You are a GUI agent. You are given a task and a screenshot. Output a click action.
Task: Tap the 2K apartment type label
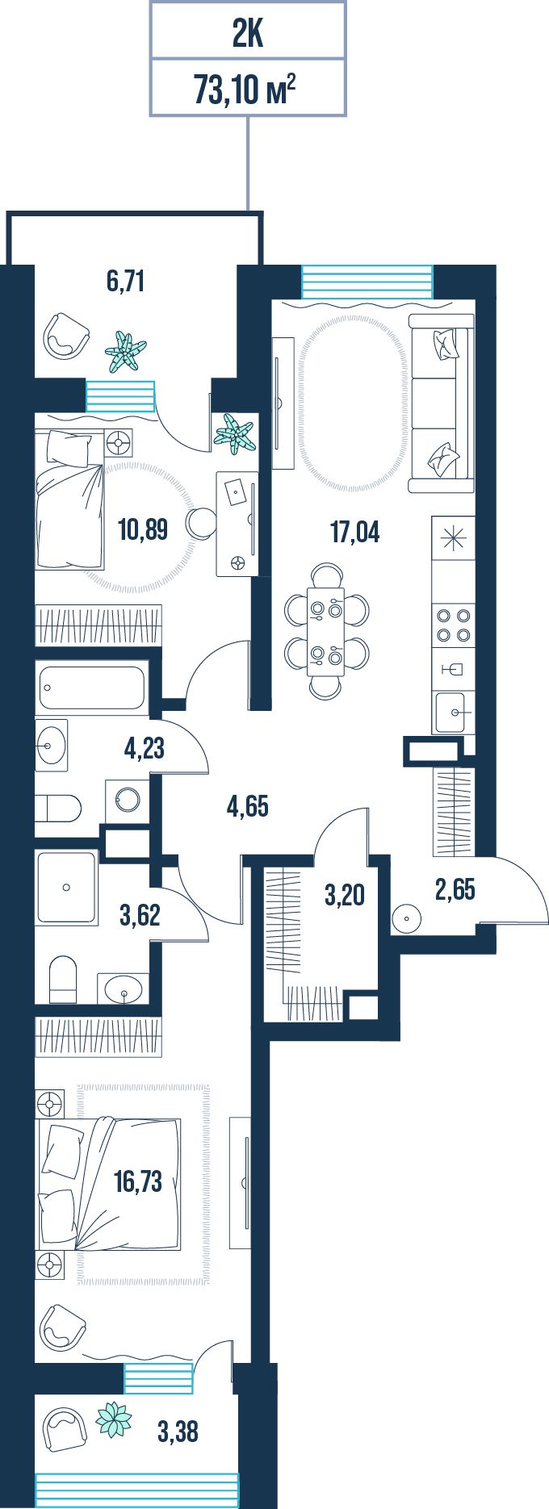[x=248, y=35]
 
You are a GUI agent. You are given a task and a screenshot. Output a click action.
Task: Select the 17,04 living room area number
[x=354, y=532]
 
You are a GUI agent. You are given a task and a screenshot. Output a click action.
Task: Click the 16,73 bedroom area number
[x=138, y=1181]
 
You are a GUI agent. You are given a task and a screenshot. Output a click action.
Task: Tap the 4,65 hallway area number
[x=248, y=805]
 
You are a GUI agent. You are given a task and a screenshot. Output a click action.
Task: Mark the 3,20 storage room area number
[x=344, y=894]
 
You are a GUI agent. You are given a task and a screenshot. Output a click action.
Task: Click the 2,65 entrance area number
[x=455, y=890]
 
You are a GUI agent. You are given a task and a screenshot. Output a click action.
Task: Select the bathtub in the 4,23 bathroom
[x=92, y=688]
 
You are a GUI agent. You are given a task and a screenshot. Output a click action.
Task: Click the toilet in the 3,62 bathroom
[x=63, y=979]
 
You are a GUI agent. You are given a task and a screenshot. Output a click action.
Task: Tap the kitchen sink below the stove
[x=453, y=713]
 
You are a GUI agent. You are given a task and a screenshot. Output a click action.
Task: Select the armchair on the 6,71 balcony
[x=65, y=335]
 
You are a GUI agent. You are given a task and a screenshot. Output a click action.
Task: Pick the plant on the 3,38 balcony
[x=113, y=1419]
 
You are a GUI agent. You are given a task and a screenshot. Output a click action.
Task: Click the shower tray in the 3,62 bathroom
[x=66, y=887]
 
